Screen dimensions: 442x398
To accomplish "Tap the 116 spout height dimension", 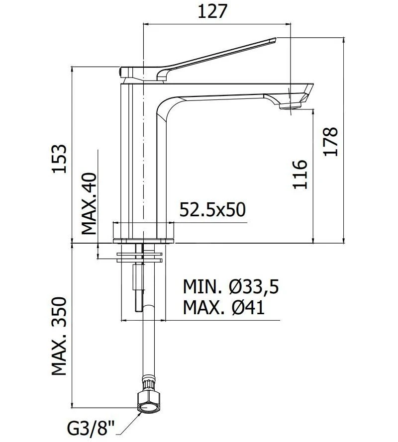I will [x=299, y=174].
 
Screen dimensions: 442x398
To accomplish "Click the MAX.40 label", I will [x=90, y=204].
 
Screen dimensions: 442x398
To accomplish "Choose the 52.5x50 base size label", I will [x=212, y=210].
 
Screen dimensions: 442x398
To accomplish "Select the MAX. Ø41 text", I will [x=223, y=308].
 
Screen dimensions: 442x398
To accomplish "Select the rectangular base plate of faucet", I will [x=144, y=240].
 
